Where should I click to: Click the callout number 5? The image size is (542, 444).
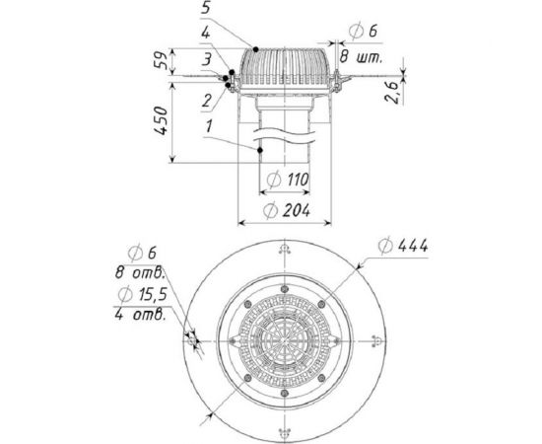(206, 8)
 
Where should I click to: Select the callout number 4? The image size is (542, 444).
(206, 33)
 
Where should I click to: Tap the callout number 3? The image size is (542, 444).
(206, 59)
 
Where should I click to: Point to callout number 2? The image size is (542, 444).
(206, 101)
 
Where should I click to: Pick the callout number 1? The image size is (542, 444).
(209, 126)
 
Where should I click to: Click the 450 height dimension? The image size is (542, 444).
(161, 120)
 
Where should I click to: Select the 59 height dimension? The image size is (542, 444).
(162, 60)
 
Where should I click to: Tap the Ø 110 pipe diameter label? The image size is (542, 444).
(288, 180)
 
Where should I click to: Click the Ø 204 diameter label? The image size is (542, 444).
(287, 210)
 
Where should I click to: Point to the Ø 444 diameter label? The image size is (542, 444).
(403, 246)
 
